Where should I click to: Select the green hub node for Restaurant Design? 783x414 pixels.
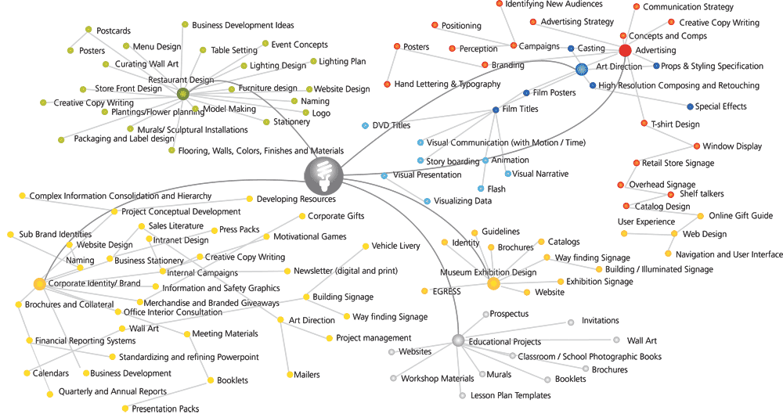tap(183, 94)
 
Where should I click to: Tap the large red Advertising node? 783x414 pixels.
tap(625, 51)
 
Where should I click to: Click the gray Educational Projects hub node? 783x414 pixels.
tap(459, 340)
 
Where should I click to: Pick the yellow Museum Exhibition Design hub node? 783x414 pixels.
tap(493, 283)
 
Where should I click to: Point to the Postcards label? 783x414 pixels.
tap(114, 31)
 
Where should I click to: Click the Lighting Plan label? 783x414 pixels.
tap(342, 61)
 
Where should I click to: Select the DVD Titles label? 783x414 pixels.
tap(391, 125)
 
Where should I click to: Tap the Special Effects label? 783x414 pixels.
tap(720, 106)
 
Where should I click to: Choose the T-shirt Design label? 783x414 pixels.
tap(675, 124)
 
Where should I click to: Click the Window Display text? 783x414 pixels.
tap(732, 146)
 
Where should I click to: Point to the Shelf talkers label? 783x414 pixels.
tap(702, 194)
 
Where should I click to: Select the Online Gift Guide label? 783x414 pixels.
tap(740, 216)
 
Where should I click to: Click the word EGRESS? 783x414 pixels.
tap(446, 292)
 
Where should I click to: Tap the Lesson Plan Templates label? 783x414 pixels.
tap(511, 396)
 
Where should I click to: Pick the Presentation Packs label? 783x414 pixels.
tap(165, 409)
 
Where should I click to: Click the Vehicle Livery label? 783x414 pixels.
tap(395, 246)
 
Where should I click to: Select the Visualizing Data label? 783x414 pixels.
tap(462, 201)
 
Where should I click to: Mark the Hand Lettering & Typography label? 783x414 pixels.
tap(447, 84)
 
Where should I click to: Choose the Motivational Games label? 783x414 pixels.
tap(309, 236)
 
